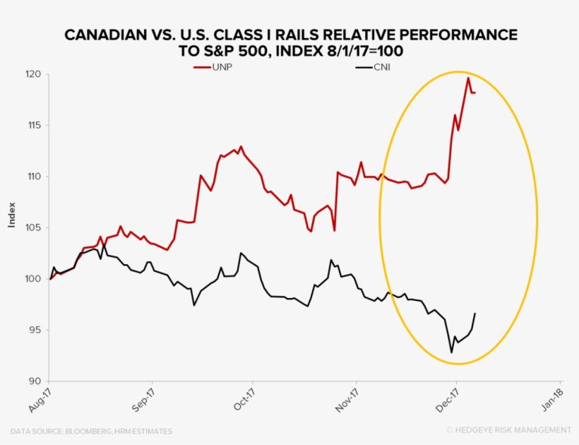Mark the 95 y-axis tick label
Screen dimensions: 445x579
coord(34,330)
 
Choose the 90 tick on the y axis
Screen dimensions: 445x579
coord(34,381)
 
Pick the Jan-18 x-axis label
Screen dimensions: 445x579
coord(549,400)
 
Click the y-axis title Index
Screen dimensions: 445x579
coord(12,215)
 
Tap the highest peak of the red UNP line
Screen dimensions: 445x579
coord(467,78)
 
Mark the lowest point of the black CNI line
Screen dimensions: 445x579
coord(451,352)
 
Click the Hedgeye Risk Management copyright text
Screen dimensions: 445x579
coord(508,430)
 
